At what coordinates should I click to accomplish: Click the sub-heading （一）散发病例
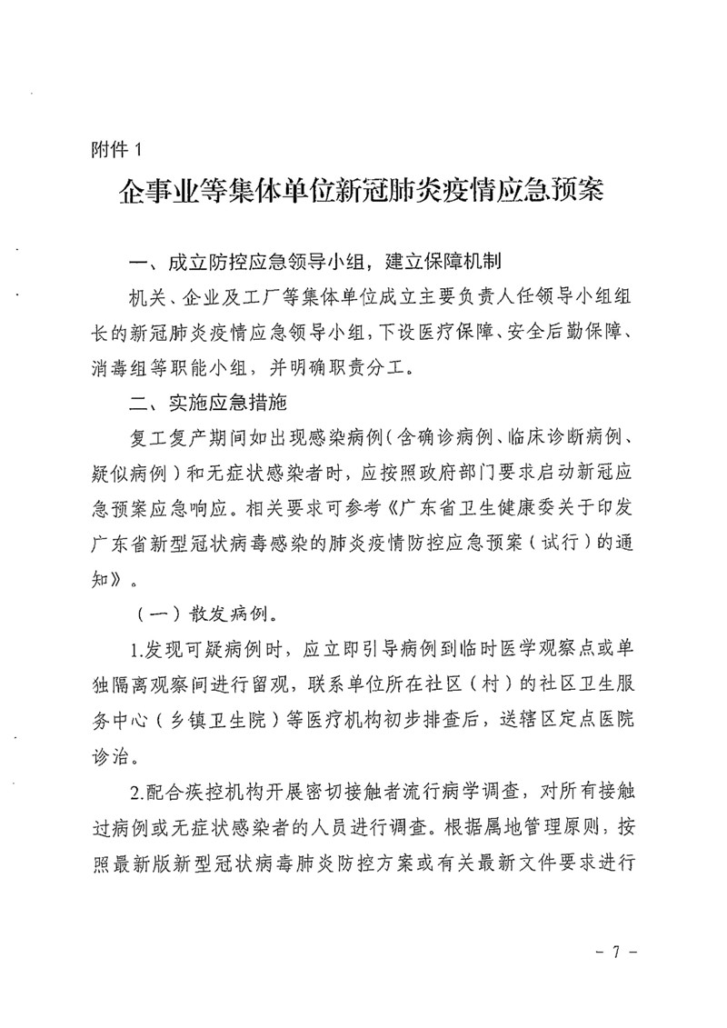[x=200, y=612]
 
